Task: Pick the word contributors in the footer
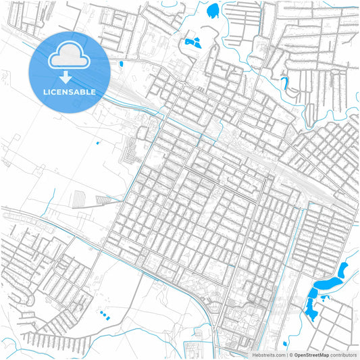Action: click(x=344, y=355)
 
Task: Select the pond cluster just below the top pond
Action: click(x=193, y=42)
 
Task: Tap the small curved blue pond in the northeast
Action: click(x=284, y=84)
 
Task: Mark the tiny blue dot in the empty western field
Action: click(x=98, y=143)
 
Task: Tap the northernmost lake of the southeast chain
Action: click(x=344, y=270)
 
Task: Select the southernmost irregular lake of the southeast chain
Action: click(x=311, y=311)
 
